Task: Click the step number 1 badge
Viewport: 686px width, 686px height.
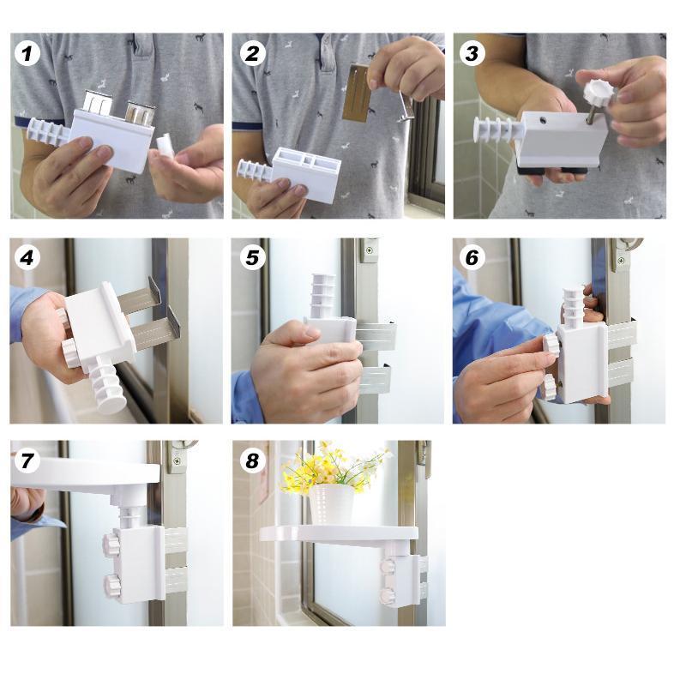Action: tap(27, 54)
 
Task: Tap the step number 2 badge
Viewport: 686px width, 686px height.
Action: tap(252, 54)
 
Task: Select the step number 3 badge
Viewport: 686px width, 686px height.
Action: tap(472, 54)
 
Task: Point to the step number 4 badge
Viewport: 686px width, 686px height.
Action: tap(27, 258)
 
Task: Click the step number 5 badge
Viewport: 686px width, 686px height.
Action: tap(252, 258)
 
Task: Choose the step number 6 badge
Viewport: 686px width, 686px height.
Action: tap(472, 258)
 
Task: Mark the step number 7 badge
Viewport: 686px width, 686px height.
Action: tap(27, 460)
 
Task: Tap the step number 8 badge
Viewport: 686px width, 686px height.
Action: tap(252, 460)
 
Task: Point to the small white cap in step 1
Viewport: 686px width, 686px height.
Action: tap(165, 145)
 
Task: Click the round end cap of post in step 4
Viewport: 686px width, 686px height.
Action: tap(112, 400)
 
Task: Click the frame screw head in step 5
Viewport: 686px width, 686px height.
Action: tap(370, 251)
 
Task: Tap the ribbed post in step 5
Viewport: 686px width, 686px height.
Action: tap(323, 295)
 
